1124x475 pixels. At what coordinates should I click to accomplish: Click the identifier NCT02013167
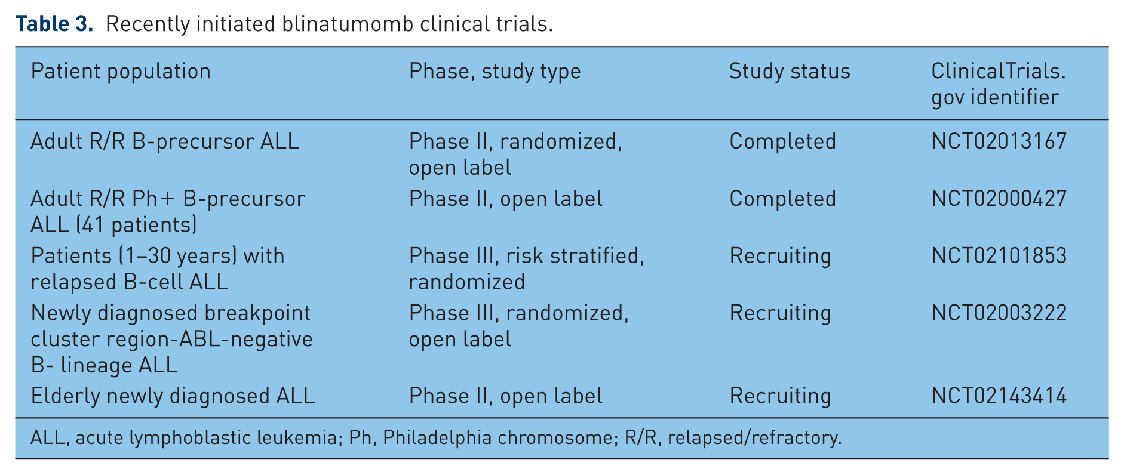pos(999,141)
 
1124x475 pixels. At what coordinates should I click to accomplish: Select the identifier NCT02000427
pos(999,199)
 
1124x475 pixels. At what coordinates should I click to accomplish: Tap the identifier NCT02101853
pos(999,256)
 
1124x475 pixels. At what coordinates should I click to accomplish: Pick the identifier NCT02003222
pos(999,313)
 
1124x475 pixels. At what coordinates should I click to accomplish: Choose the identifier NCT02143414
pos(999,396)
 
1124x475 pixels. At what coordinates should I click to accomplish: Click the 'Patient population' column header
pos(121,72)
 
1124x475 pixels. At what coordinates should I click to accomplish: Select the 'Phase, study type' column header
pos(495,72)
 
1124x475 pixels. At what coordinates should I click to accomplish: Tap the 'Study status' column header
pos(790,72)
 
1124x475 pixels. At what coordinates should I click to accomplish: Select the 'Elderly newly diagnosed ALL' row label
pos(173,396)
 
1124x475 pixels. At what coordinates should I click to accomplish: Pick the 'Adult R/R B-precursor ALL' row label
pos(165,141)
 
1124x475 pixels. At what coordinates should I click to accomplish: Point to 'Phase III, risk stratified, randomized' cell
pos(527,269)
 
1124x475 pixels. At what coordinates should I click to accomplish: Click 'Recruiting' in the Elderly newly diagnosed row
pos(780,396)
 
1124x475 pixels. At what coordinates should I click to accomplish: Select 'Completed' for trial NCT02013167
pos(783,141)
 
